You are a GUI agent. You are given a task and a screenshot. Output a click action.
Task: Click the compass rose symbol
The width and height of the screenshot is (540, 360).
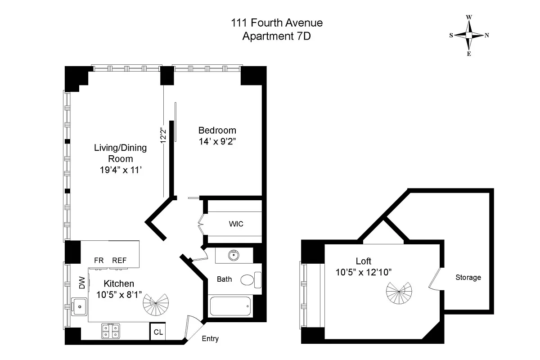(469, 35)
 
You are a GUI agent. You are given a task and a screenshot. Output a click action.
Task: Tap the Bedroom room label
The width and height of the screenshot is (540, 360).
(217, 130)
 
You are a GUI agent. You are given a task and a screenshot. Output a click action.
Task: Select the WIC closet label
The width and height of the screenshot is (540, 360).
(236, 224)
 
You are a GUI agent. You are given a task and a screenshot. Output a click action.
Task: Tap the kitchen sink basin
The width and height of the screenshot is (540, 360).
(80, 306)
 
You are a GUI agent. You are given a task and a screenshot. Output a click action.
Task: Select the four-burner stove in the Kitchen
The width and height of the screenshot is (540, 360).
(110, 331)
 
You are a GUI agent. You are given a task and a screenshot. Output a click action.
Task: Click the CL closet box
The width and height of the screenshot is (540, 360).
(158, 333)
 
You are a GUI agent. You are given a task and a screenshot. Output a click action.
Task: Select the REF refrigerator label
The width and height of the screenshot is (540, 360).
(119, 260)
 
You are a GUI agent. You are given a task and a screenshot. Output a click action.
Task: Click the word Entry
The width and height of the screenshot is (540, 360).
(210, 338)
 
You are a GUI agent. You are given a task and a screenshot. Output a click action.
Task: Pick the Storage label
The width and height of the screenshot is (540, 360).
(468, 277)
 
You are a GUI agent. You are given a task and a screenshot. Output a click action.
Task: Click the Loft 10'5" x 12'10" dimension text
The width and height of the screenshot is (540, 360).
(363, 272)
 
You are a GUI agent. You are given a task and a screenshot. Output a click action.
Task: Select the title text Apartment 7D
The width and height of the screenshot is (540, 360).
(276, 36)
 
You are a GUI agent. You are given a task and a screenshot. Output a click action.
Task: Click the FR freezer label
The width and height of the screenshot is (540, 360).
(99, 260)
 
